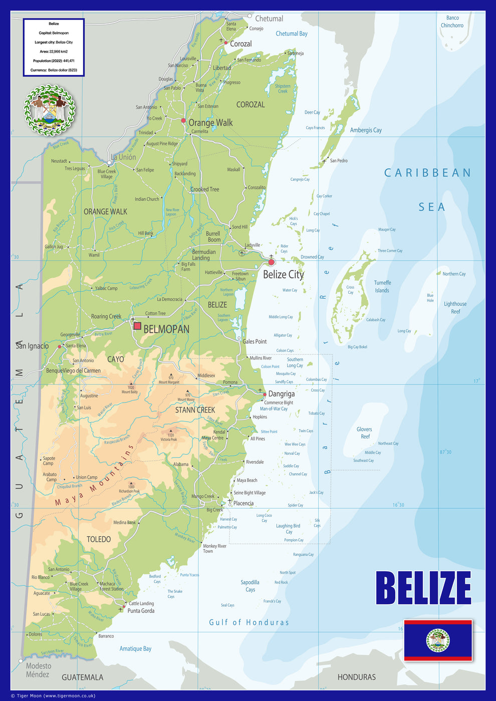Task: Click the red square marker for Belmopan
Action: coord(137,326)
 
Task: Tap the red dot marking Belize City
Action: coord(272,262)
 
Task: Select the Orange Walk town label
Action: coord(210,123)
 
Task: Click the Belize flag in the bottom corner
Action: coord(438,640)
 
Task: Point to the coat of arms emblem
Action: coord(49,110)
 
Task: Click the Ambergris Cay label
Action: coord(366,130)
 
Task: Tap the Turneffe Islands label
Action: coord(382,286)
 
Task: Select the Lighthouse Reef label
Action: coord(455,307)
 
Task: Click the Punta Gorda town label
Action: coord(141,611)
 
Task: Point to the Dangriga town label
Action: coord(281,394)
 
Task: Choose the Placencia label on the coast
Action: coord(243,504)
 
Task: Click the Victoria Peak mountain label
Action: coord(169,439)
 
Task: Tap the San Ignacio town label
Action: coord(33,346)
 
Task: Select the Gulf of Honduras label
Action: coord(249,622)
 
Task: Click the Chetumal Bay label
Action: coord(292,34)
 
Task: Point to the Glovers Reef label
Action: coord(365,433)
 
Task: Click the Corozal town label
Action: coord(241,44)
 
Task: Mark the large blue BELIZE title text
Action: coord(423,588)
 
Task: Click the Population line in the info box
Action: coord(54,61)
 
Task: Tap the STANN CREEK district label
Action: coord(195,410)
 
